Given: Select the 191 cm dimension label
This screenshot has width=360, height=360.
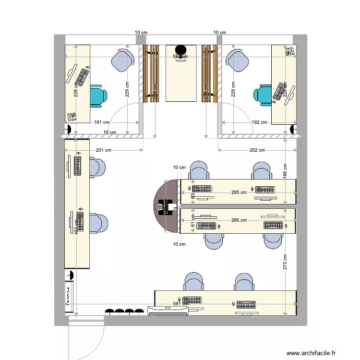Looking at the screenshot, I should point(101,122).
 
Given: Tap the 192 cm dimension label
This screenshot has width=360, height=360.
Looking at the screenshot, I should point(259,122).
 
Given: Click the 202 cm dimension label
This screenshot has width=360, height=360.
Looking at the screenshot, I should point(257,150).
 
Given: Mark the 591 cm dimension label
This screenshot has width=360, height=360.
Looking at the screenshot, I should point(180,303).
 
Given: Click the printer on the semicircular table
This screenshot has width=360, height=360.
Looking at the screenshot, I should point(166,207).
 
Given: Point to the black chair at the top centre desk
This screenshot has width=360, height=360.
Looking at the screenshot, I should point(180,49).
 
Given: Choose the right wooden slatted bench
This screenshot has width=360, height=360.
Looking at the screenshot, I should point(210,73).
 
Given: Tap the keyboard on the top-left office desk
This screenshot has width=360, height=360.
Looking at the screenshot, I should point(83,78).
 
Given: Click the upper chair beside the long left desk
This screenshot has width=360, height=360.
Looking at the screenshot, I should point(97,168).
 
